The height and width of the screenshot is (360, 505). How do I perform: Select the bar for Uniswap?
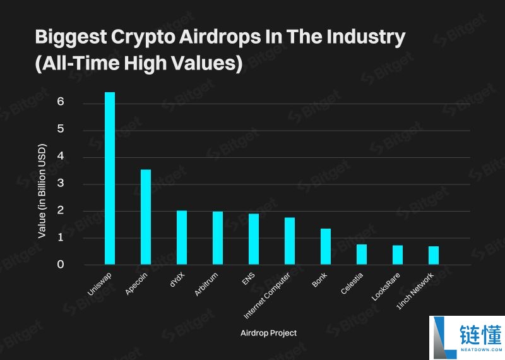(110, 178)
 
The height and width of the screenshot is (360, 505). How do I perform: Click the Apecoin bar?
(146, 217)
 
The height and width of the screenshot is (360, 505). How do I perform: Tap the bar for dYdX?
(182, 237)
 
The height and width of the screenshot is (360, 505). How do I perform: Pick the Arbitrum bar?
(218, 238)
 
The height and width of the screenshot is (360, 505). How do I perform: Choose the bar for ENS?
(254, 239)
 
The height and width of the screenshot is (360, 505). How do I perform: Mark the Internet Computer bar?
(290, 241)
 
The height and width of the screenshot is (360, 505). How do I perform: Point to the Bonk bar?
(326, 247)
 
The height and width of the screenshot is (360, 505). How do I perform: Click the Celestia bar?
(362, 255)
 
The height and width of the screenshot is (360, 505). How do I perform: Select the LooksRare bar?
(398, 255)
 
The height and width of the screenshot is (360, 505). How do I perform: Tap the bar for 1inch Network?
(434, 256)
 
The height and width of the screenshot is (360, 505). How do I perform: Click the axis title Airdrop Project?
(268, 333)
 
